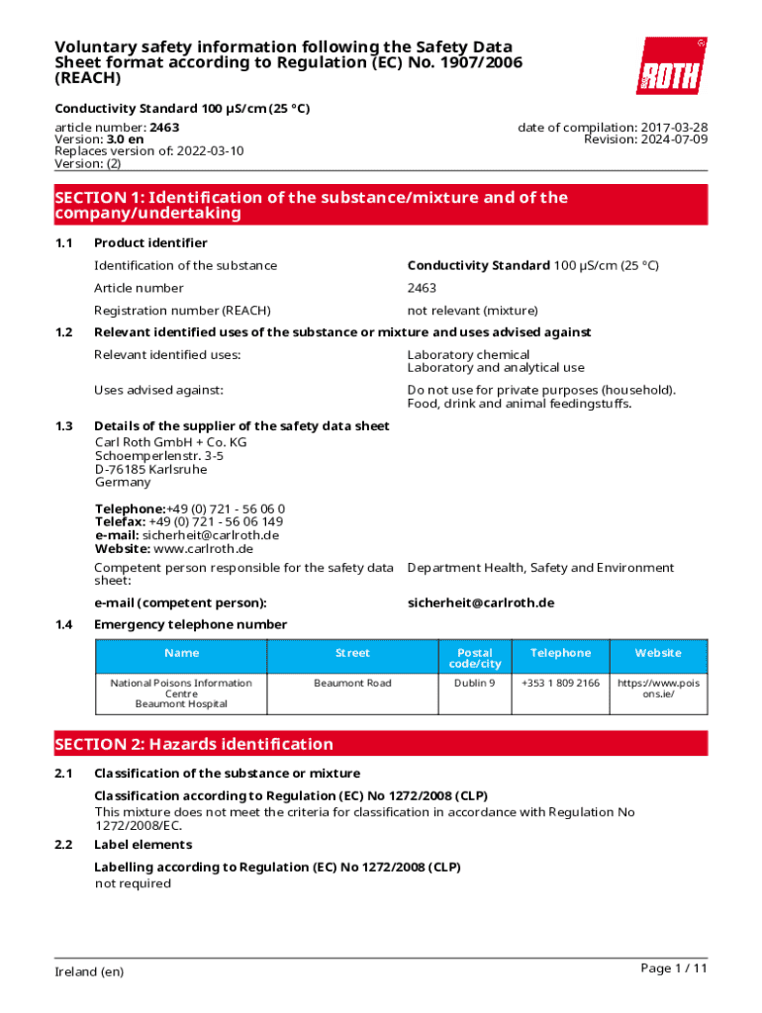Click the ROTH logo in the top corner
point(671,66)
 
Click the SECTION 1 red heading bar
point(381,205)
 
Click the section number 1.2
point(64,332)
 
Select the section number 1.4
point(64,624)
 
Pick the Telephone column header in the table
point(560,653)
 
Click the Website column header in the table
point(658,653)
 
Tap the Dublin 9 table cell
point(475,684)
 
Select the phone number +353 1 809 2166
point(560,684)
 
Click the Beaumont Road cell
point(352,684)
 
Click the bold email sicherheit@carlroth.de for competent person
point(480,602)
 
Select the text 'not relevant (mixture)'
point(472,311)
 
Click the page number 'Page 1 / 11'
point(674,968)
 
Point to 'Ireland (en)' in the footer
point(89,971)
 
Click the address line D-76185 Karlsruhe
point(150,469)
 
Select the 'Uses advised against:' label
point(158,390)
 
